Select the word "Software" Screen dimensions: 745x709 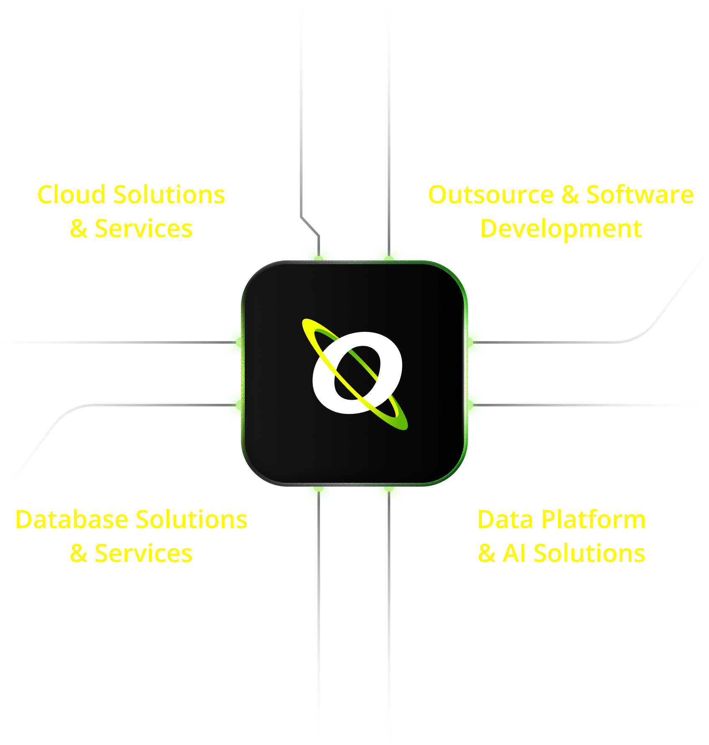pyautogui.click(x=640, y=195)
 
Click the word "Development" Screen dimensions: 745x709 pyautogui.click(x=561, y=229)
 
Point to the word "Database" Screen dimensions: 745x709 pyautogui.click(x=72, y=520)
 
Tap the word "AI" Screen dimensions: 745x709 pyautogui.click(x=514, y=554)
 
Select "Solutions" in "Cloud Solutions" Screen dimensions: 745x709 pyautogui.click(x=169, y=195)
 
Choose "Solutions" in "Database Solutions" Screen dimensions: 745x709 pyautogui.click(x=192, y=520)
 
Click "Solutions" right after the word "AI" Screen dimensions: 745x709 pyautogui.click(x=589, y=554)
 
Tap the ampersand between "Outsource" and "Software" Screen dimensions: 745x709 pyautogui.click(x=570, y=195)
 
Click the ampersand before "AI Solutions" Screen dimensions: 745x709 pyautogui.click(x=487, y=554)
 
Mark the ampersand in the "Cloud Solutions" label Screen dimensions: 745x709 pyautogui.click(x=79, y=229)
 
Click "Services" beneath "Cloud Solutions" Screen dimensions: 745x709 pyautogui.click(x=143, y=229)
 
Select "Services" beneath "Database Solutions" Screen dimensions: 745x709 pyautogui.click(x=143, y=554)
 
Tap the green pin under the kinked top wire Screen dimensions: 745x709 pyautogui.click(x=319, y=253)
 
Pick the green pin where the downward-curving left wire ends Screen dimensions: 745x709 pyautogui.click(x=233, y=405)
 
